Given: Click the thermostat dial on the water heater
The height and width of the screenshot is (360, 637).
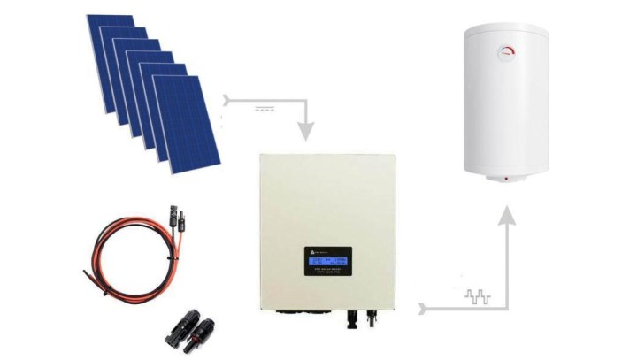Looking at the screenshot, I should tap(510, 51).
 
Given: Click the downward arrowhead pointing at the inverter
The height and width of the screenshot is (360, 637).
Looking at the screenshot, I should tap(306, 133).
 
